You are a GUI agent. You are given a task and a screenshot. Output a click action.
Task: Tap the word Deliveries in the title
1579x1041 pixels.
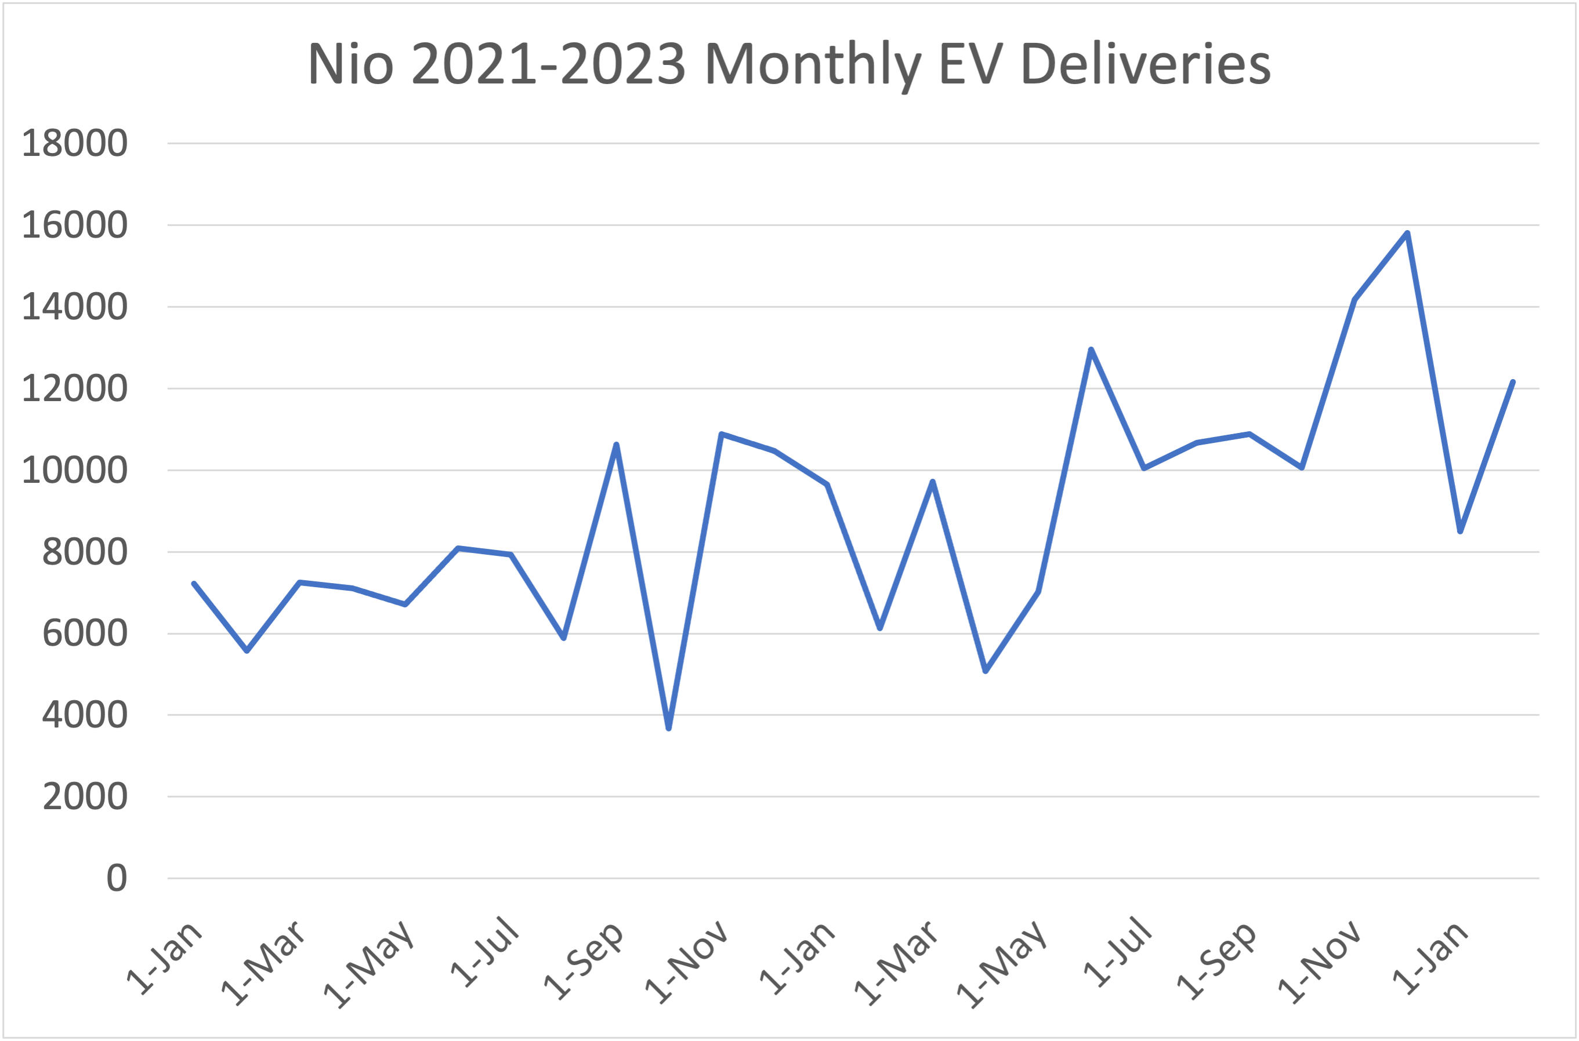[1145, 64]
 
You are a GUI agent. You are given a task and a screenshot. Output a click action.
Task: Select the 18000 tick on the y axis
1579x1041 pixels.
[74, 143]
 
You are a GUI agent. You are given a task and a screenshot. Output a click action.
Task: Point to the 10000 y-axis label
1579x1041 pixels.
[74, 471]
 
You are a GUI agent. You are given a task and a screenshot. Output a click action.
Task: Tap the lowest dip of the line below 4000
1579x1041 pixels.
[668, 729]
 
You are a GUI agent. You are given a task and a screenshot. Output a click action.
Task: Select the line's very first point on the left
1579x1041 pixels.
[193, 584]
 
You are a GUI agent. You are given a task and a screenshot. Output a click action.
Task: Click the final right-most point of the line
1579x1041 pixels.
[1513, 382]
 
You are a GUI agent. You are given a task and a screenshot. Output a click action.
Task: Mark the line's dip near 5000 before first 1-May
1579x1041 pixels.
[985, 671]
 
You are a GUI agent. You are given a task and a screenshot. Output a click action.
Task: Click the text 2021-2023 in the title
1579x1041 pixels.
[548, 64]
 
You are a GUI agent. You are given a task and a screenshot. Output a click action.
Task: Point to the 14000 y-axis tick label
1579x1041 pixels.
[74, 307]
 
